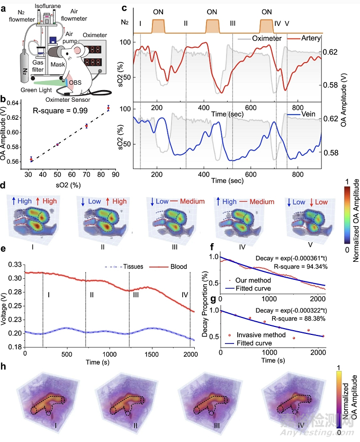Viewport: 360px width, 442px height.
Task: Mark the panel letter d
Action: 5,186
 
